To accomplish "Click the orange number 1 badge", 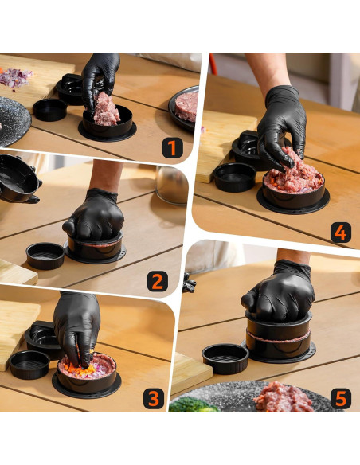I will coord(174,147).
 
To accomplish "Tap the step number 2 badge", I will coord(156,280).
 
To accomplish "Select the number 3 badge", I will coord(154,398).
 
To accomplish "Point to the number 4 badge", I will coord(340,232).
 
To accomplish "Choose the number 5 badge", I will coord(340,397).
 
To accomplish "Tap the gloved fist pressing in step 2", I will coord(94,213).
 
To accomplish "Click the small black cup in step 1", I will coord(50,109).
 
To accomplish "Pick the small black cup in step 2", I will coord(45,255).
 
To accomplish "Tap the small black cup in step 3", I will coord(30,364).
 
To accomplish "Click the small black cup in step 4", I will coord(235,176).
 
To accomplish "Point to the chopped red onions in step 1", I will coord(14,77).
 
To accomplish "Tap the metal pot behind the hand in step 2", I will coord(171,184).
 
